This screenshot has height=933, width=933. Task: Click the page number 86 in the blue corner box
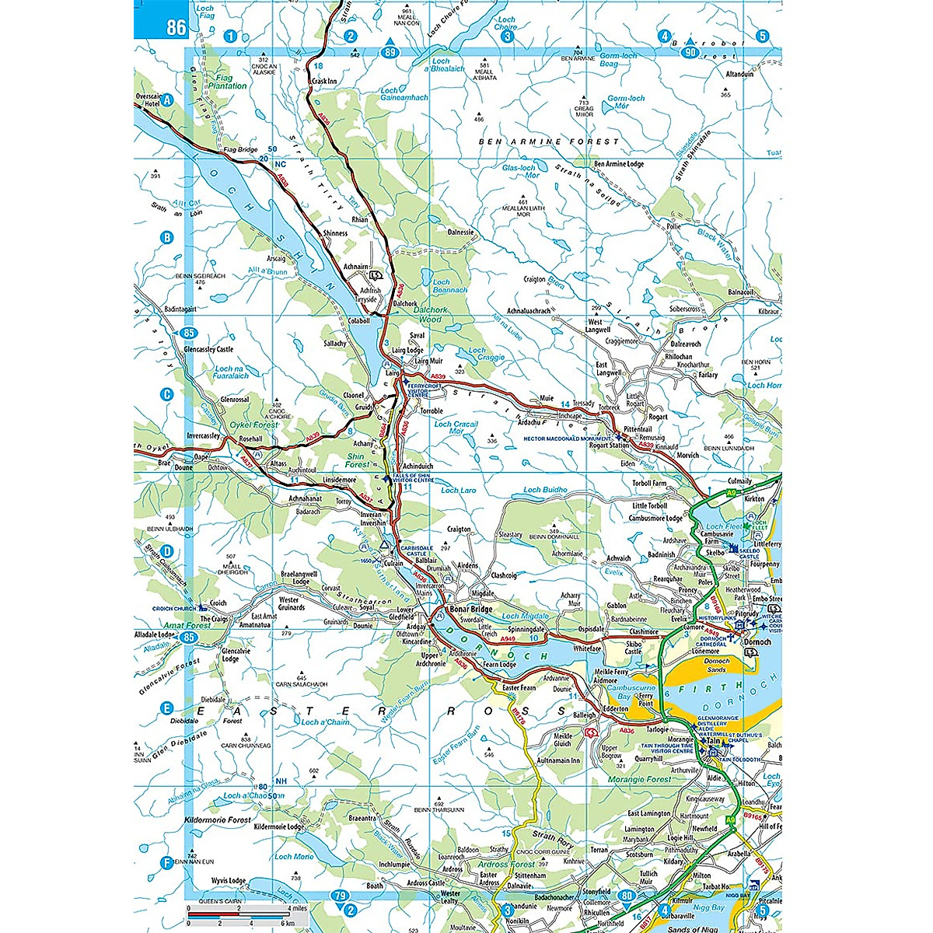(x=176, y=27)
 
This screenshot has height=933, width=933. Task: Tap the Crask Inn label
(x=323, y=81)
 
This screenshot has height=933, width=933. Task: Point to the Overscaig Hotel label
(x=148, y=100)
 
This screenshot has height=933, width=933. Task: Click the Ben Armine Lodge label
(x=619, y=164)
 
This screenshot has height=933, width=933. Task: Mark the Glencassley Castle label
(x=208, y=349)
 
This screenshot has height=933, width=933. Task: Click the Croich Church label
(x=173, y=609)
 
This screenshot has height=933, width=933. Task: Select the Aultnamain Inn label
(x=558, y=760)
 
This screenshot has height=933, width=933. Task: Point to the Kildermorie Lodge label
(x=279, y=826)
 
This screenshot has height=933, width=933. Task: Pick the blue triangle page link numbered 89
(x=390, y=51)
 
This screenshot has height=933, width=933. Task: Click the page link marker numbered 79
(x=340, y=896)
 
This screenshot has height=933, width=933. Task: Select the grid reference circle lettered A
(x=166, y=100)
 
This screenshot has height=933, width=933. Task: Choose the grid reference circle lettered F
(x=166, y=862)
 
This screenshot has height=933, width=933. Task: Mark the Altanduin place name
(x=739, y=75)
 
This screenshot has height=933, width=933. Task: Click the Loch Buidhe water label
(x=545, y=490)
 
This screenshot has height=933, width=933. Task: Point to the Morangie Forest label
(x=639, y=779)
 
